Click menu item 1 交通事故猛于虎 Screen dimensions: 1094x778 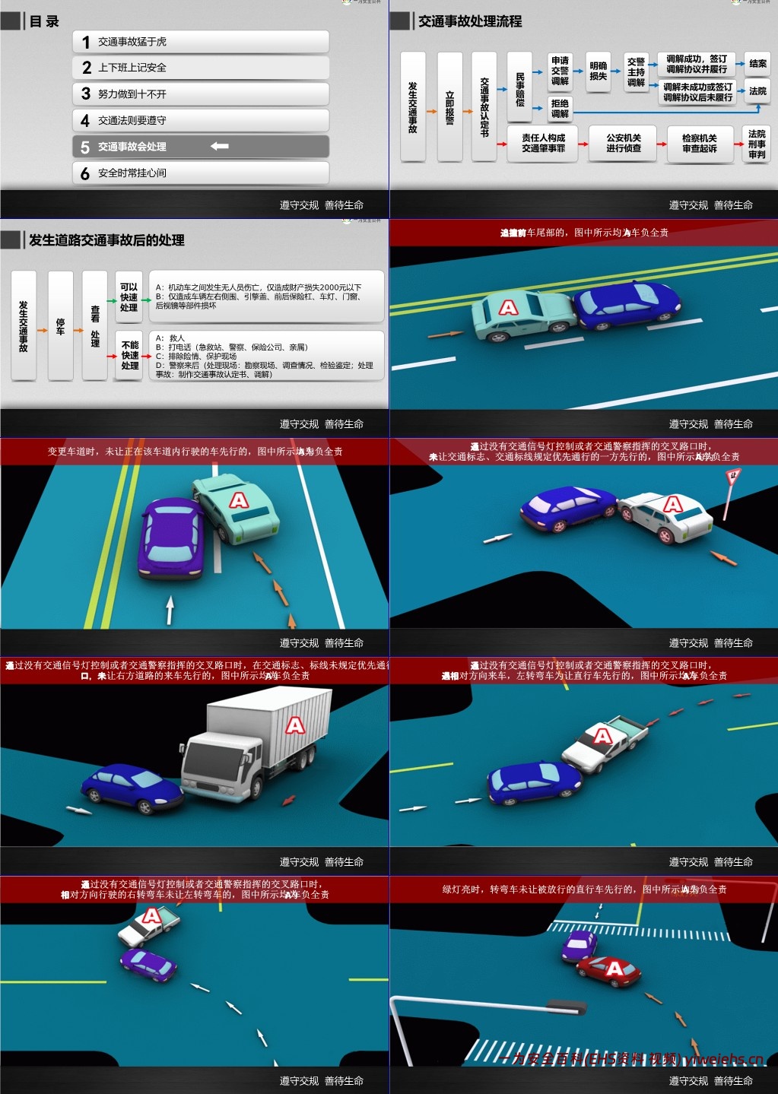[201, 42]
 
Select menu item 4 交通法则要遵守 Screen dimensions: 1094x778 [201, 120]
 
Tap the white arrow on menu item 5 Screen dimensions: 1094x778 [220, 146]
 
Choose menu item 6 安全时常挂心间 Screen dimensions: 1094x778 [201, 173]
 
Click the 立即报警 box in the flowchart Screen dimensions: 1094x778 [449, 107]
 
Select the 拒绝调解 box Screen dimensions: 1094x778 [560, 108]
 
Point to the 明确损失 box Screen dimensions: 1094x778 [599, 71]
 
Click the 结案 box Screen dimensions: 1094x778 [757, 64]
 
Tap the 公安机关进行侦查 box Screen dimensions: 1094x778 [623, 144]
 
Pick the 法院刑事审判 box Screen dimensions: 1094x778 [757, 144]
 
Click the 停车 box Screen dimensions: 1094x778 [60, 326]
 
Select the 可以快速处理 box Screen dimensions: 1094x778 [129, 297]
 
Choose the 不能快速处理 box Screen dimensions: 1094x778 [130, 355]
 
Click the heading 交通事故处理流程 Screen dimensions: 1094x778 [470, 21]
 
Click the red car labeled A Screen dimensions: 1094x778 [608, 971]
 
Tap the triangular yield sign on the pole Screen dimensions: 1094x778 [733, 477]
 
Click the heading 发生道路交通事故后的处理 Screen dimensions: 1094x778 [106, 240]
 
